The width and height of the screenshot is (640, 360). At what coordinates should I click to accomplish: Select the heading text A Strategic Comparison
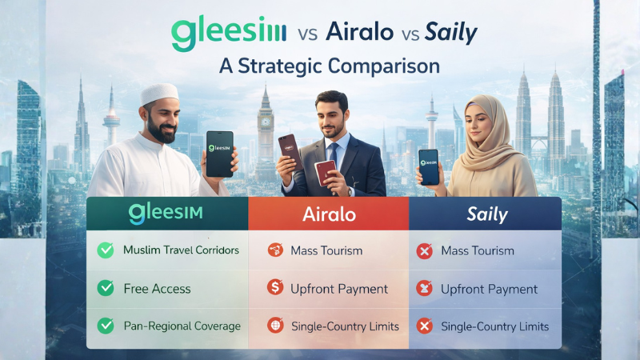(x=330, y=66)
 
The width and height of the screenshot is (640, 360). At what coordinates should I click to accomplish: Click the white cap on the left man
(x=159, y=95)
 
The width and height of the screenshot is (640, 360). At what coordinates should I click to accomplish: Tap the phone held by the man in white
(x=219, y=153)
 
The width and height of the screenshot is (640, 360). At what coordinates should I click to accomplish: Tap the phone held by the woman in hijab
(x=429, y=166)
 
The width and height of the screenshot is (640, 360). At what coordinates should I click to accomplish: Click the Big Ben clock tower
(x=266, y=120)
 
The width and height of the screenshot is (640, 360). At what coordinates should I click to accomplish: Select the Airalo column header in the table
(x=328, y=214)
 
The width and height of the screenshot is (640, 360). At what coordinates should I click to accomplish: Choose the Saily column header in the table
(x=484, y=214)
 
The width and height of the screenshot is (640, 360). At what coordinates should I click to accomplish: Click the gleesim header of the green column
(x=166, y=214)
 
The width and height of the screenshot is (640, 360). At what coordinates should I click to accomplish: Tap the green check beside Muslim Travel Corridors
(x=106, y=250)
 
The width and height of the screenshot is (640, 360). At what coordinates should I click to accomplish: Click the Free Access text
(x=156, y=288)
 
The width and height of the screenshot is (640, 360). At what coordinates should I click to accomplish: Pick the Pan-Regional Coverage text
(x=182, y=326)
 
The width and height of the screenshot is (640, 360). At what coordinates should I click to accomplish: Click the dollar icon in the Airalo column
(x=275, y=289)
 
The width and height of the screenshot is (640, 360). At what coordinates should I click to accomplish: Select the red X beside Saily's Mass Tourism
(x=425, y=250)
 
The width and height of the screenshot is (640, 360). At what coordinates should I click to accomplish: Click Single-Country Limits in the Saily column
(x=494, y=326)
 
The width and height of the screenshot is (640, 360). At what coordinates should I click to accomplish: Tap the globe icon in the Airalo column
(x=275, y=326)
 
